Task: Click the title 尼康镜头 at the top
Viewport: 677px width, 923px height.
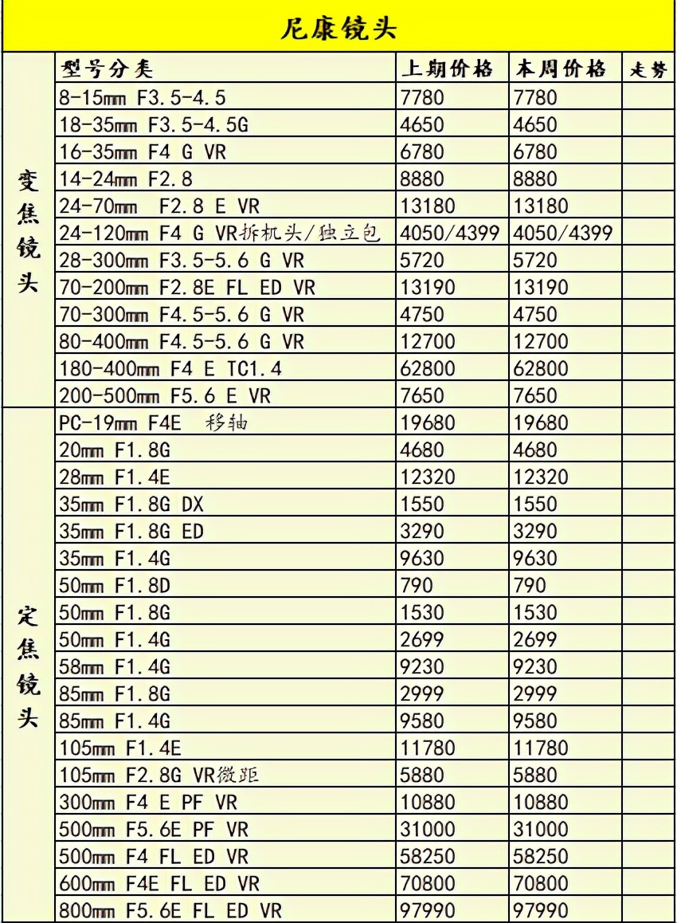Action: point(338,29)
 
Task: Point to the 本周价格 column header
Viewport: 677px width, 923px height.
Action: point(561,69)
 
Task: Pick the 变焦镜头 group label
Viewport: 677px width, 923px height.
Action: point(29,231)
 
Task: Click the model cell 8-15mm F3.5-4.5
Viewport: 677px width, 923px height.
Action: point(143,98)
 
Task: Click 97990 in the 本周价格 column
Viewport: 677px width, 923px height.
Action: point(542,909)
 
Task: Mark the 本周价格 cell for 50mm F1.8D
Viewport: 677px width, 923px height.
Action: point(530,585)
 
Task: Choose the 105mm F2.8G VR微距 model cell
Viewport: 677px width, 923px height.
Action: point(158,774)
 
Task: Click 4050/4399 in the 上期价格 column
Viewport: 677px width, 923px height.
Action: point(451,234)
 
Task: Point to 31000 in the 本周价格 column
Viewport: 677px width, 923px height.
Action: point(542,828)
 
